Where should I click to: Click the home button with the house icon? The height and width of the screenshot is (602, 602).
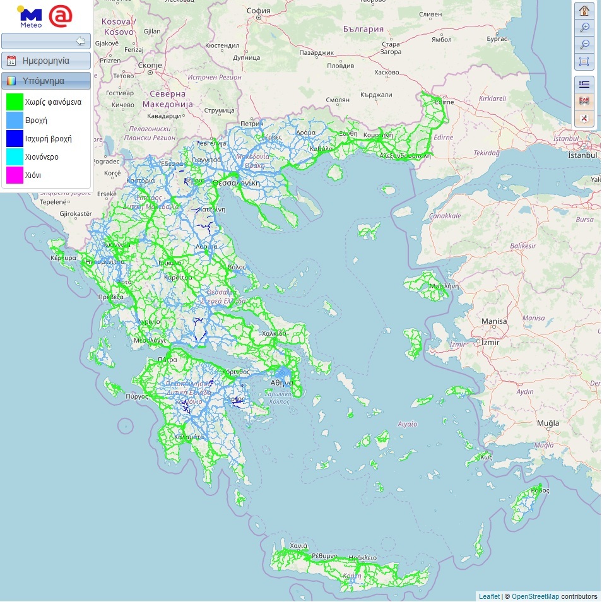(x=584, y=11)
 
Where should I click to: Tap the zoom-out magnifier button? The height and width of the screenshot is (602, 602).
(x=584, y=44)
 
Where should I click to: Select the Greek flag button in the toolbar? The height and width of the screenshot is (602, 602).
(x=584, y=84)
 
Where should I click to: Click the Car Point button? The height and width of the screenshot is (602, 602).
(x=584, y=101)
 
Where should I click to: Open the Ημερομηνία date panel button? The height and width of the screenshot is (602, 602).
(x=46, y=61)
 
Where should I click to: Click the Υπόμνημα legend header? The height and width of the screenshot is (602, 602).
(x=46, y=81)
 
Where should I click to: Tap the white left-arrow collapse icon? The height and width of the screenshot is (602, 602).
(x=80, y=41)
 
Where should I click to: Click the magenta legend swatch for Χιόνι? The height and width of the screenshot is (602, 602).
(x=15, y=175)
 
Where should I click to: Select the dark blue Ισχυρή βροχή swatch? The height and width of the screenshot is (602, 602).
(x=15, y=138)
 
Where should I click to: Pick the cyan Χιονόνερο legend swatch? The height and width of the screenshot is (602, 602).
(x=15, y=156)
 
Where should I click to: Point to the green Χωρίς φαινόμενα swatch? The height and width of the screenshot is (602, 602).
(x=15, y=101)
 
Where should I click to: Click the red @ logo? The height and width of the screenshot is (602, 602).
(x=61, y=16)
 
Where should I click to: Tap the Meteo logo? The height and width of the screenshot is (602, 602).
(x=30, y=17)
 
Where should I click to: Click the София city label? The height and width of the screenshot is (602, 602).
(x=258, y=11)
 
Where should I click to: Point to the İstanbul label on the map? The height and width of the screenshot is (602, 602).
(x=582, y=155)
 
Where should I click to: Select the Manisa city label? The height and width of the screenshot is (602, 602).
(x=493, y=321)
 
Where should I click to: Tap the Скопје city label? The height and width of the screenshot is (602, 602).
(x=150, y=65)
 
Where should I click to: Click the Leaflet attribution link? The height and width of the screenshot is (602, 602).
(x=488, y=596)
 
